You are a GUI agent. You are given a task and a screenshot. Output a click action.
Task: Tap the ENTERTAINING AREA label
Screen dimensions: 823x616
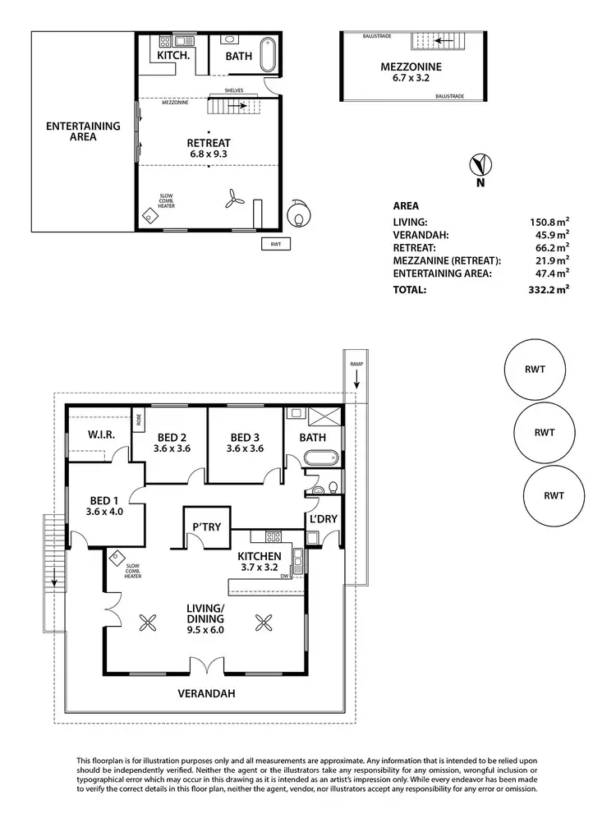click(x=83, y=131)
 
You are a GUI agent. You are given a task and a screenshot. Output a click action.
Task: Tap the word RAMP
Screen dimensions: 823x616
click(x=356, y=363)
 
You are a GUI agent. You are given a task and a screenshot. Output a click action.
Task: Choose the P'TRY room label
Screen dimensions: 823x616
click(x=206, y=526)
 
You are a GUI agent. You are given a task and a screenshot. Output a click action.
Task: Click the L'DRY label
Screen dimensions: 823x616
click(x=321, y=519)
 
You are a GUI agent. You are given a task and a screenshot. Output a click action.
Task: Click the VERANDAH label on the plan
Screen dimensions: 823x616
click(x=207, y=693)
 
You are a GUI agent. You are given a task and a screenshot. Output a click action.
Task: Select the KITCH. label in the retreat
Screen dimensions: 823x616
click(x=174, y=56)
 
